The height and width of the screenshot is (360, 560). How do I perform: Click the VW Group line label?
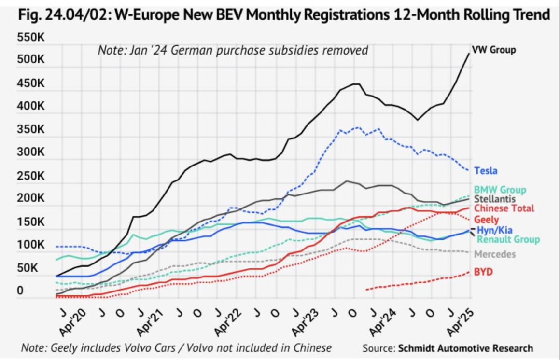click(493, 50)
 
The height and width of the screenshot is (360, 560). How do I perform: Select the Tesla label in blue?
click(486, 170)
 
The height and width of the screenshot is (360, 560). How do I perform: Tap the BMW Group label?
click(500, 190)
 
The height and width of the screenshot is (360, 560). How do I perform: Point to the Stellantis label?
click(495, 199)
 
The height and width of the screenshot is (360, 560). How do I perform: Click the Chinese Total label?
click(504, 208)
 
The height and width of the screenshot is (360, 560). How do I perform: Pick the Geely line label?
click(487, 220)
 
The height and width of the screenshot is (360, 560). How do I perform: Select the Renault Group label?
click(508, 239)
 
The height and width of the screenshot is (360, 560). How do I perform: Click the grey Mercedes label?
click(495, 254)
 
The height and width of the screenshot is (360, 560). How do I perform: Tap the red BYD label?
click(483, 272)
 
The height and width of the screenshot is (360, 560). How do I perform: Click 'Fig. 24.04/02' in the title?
click(61, 14)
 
